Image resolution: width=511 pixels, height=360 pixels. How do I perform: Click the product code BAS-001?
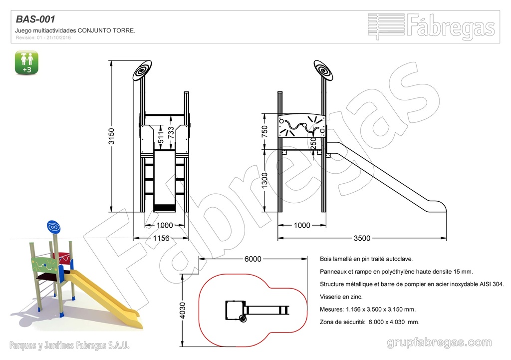[35, 19]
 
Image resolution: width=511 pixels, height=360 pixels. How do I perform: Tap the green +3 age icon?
[27, 62]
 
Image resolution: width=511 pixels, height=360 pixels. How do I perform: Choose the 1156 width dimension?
[161, 238]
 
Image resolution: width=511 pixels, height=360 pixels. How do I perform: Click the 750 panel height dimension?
[265, 131]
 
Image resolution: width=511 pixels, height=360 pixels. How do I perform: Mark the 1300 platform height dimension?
[265, 182]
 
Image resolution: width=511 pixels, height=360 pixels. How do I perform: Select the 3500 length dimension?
[362, 238]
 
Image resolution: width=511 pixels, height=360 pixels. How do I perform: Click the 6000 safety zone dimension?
[253, 259]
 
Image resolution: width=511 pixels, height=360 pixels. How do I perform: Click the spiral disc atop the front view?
[142, 70]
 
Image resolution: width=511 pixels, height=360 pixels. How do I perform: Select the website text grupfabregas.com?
[439, 343]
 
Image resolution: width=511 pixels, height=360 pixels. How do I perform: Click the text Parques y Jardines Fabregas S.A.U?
[70, 345]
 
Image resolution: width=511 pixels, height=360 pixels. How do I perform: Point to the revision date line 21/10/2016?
[44, 37]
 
